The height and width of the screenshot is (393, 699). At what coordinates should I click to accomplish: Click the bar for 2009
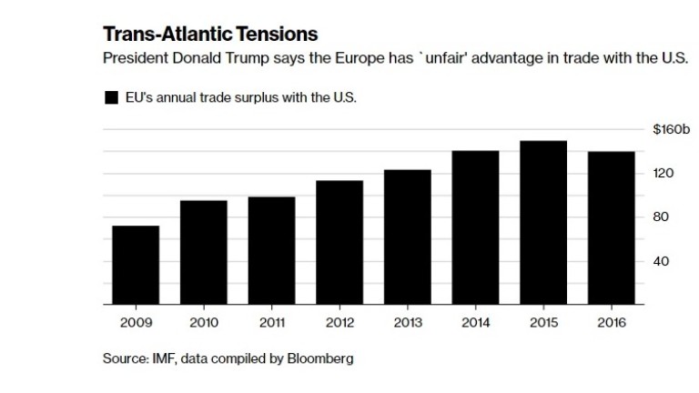click(x=136, y=265)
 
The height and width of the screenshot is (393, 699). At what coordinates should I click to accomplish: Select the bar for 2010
click(x=203, y=252)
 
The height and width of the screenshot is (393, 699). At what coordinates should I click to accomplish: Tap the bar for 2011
click(x=271, y=250)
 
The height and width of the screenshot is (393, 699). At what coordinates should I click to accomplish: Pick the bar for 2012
click(x=339, y=242)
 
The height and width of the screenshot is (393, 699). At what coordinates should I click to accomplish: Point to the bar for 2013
click(x=407, y=237)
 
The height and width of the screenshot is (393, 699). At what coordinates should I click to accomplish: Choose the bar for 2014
click(x=475, y=227)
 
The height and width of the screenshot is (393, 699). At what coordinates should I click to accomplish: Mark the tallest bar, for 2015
click(x=543, y=222)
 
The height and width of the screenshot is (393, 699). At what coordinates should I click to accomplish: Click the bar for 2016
click(x=611, y=227)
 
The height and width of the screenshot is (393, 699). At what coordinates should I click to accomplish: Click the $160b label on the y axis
click(x=672, y=130)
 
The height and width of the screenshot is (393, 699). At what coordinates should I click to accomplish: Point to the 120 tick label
click(x=662, y=174)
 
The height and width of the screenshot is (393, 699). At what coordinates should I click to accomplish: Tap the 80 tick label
click(x=662, y=217)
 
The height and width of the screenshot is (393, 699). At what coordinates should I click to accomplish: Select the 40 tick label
click(x=662, y=261)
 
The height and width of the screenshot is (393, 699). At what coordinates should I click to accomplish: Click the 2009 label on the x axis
click(x=135, y=322)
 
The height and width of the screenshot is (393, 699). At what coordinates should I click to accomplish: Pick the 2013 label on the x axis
click(x=407, y=322)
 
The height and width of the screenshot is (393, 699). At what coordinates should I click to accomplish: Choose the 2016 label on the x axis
click(x=611, y=322)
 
